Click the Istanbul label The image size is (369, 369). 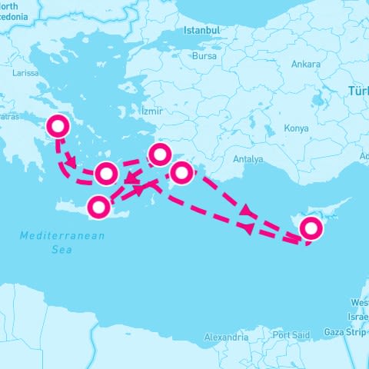[x=202, y=30]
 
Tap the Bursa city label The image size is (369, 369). [x=204, y=56]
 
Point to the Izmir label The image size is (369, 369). [x=152, y=111]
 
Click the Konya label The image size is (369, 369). [x=296, y=128]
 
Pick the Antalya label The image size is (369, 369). [x=248, y=159]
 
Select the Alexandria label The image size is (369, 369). [x=226, y=337]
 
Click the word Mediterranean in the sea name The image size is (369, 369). [x=62, y=236]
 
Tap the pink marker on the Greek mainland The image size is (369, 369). [x=58, y=125]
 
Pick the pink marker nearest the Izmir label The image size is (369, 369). [x=159, y=155]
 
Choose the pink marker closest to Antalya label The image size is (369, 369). [x=181, y=172]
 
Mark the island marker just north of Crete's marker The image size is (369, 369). [x=107, y=174]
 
